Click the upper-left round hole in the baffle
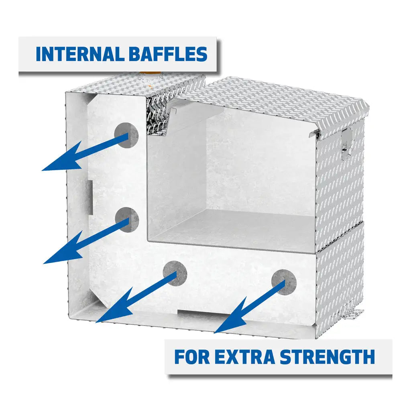pos(126,135)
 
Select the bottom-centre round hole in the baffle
pos(175,273)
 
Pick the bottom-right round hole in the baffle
pos(284,282)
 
